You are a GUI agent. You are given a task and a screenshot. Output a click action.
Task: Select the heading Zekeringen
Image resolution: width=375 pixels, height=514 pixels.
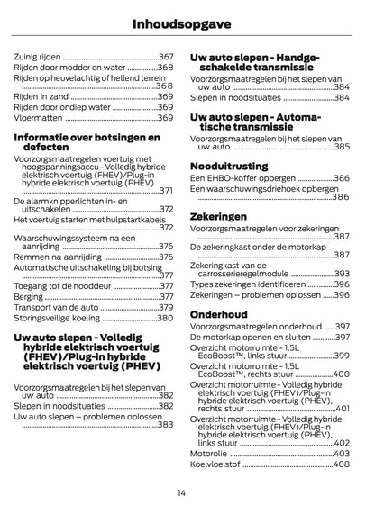tap(218, 217)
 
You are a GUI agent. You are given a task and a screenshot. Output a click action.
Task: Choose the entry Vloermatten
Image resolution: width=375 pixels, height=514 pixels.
tap(40, 117)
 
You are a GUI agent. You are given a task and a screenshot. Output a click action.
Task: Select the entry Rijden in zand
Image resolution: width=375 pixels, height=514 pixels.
tap(41, 95)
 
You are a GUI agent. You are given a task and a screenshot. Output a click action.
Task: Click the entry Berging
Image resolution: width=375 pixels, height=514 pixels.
tap(29, 294)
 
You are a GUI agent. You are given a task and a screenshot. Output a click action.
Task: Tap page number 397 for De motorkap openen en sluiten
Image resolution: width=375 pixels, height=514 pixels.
tap(342, 338)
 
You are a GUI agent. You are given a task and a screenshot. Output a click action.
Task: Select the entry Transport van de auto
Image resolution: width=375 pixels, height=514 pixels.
tap(55, 306)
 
